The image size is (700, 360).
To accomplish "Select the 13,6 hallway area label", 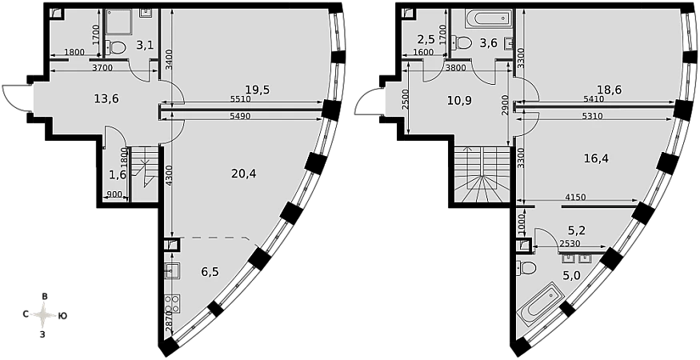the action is tap(106, 98).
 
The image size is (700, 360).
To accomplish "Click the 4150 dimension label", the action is tap(575, 196).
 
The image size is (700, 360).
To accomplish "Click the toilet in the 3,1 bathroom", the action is tap(116, 46).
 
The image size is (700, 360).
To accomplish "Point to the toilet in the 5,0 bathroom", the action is tap(526, 268).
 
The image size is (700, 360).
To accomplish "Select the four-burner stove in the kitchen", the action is tap(173, 303).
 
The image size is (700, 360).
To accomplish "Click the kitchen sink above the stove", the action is tap(172, 271).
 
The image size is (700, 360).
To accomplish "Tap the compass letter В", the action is tap(44, 297).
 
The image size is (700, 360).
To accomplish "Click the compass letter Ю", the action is tap(63, 316).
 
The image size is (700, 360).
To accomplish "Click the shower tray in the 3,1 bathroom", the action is tap(118, 22).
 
